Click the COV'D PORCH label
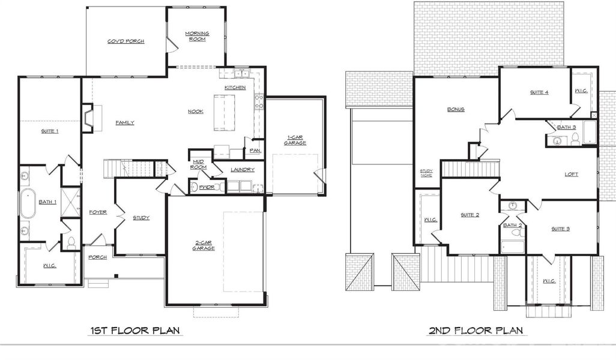[125, 41]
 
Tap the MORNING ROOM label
[196, 36]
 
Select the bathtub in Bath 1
[28, 203]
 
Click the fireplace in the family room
[88, 118]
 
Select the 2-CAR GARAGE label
[204, 245]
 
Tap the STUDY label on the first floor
[141, 218]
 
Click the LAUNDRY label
[242, 170]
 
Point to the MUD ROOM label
[199, 164]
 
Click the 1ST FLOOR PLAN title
[136, 331]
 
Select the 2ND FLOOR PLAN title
[475, 331]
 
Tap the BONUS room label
[456, 109]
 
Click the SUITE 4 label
[539, 92]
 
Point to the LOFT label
[571, 175]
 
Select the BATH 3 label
[566, 127]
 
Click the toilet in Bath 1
[71, 242]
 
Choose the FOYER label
[98, 212]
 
